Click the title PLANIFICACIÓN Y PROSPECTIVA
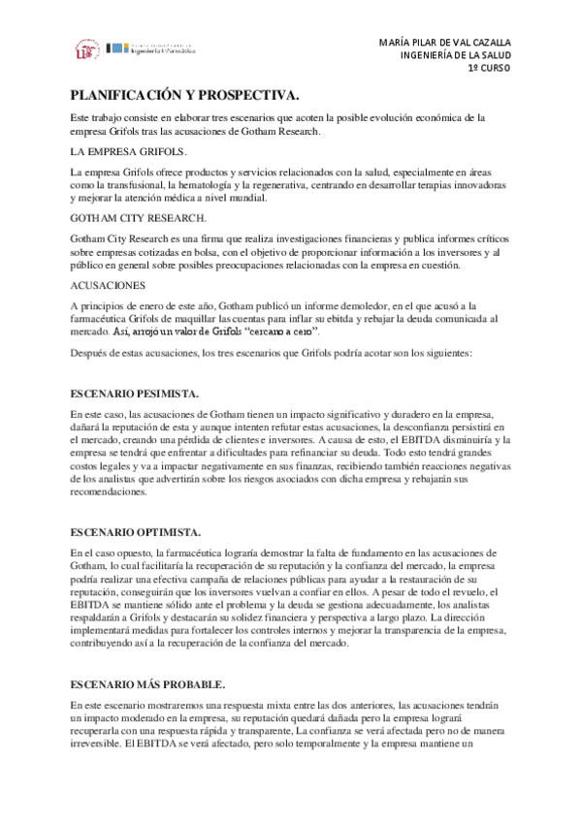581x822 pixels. tap(183, 95)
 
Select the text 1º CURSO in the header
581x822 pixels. tap(488, 70)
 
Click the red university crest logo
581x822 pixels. tap(86, 49)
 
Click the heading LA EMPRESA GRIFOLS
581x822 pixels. tap(129, 153)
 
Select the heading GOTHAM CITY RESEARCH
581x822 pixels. tap(139, 218)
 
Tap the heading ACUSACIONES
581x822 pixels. tap(108, 285)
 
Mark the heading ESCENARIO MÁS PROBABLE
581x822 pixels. tap(148, 683)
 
